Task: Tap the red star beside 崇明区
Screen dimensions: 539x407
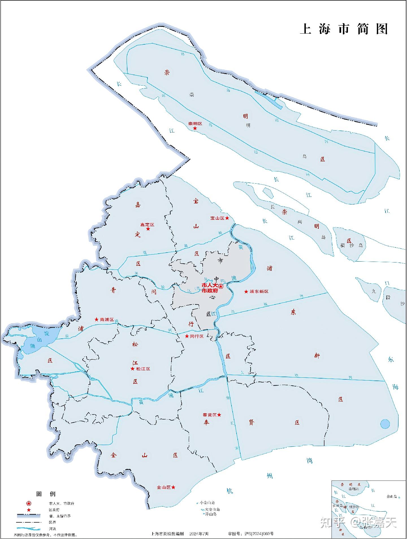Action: [x=195, y=129]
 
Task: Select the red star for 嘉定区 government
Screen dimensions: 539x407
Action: [x=148, y=229]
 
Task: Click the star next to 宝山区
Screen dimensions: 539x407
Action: [x=227, y=218]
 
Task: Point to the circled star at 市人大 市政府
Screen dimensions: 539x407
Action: [x=221, y=286]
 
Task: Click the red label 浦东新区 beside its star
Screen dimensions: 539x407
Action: [x=259, y=292]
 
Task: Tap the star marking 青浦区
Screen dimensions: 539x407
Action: [x=96, y=320]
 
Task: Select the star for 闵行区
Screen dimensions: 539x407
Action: [x=187, y=336]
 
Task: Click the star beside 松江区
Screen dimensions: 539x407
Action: [x=132, y=369]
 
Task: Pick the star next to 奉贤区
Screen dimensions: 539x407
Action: [x=219, y=415]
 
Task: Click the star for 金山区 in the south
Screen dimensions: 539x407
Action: [x=173, y=487]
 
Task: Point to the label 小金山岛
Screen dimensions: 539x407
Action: [x=207, y=503]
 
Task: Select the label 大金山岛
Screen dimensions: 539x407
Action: [x=211, y=509]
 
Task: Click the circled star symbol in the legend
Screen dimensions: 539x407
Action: [x=29, y=503]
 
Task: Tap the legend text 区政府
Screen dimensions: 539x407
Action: [x=54, y=510]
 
